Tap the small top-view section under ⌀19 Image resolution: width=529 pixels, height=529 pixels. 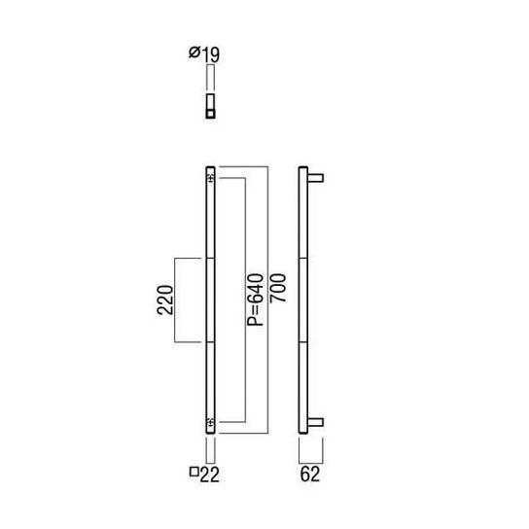click(209, 106)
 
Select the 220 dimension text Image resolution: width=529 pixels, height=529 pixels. click(164, 300)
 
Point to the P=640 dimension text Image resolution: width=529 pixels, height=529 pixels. click(255, 300)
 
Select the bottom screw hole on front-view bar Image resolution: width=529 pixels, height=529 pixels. click(210, 422)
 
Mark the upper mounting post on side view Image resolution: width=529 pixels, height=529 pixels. click(315, 177)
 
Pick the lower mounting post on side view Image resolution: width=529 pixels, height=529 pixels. click(315, 422)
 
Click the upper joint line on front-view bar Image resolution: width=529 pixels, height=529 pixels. click(210, 258)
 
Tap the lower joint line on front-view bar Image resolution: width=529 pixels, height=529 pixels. click(210, 342)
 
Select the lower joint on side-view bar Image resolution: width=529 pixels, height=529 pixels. click(301, 342)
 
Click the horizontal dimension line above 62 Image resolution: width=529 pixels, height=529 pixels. click(309, 458)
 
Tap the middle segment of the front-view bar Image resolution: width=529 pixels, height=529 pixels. click(210, 300)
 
